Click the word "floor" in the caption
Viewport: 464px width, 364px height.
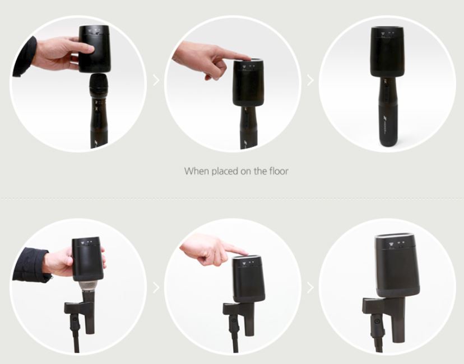(279, 171)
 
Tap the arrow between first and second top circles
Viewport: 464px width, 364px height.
(156, 81)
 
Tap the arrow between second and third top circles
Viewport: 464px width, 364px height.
(310, 81)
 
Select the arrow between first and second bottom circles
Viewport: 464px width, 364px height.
(156, 287)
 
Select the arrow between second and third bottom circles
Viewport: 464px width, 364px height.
(310, 287)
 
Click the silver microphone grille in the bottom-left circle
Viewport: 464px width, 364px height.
(89, 288)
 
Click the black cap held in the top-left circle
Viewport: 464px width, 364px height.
(94, 49)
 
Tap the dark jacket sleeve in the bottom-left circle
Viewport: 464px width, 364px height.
(30, 264)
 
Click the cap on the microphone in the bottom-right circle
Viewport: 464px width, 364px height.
(397, 265)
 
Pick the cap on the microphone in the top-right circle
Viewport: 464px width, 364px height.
(388, 52)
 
